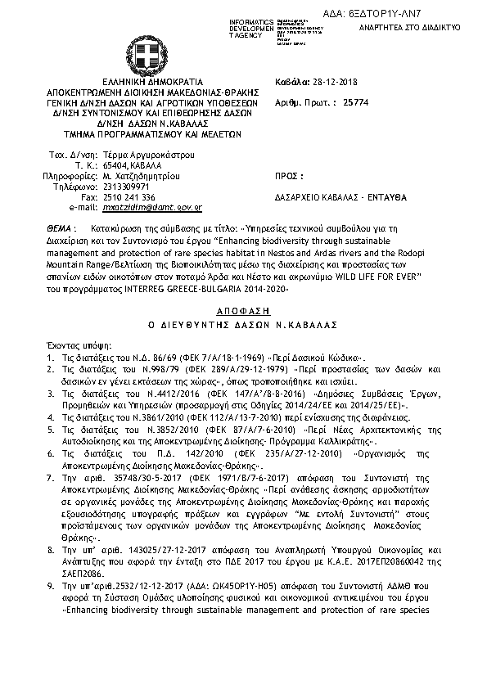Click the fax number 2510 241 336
[x=129, y=197]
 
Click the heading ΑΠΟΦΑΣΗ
[x=243, y=290]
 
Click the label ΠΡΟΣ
[x=290, y=176]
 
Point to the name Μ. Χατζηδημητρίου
[x=142, y=176]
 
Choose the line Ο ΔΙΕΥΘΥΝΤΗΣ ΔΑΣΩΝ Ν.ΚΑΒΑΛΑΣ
[x=243, y=305]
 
